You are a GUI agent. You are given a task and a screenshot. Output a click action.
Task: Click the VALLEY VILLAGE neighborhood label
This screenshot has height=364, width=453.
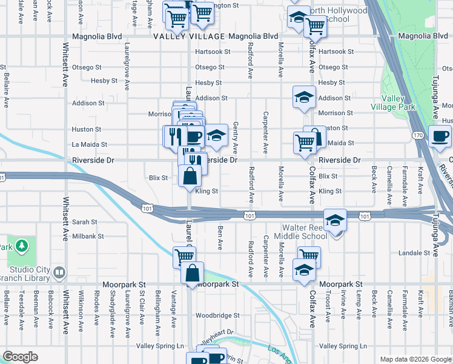[190, 37]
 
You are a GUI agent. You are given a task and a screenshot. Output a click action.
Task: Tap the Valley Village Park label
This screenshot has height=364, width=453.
[398, 103]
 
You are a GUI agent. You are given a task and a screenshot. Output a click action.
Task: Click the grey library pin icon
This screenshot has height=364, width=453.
[59, 271]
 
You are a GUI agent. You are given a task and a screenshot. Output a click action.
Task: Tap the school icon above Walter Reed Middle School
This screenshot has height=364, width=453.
[333, 220]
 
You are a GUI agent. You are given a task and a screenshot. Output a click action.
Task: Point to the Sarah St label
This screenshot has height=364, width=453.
[85, 222]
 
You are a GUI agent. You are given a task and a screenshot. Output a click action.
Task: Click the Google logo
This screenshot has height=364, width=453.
[21, 357]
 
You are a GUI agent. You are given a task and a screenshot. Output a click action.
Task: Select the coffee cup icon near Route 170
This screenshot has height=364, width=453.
[440, 136]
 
